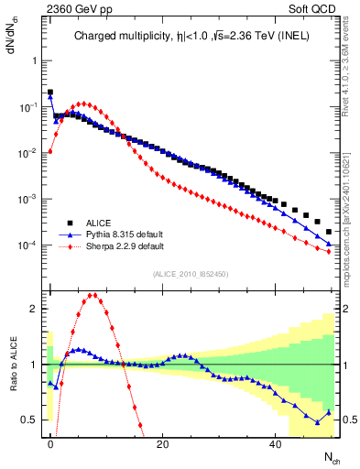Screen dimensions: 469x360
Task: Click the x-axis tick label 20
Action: point(162,443)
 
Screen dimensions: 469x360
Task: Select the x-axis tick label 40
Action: point(275,443)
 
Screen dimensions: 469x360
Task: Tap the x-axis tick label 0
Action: point(50,443)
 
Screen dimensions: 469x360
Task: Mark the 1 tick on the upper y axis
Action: point(37,60)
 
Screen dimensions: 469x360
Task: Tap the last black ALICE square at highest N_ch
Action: point(328,234)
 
